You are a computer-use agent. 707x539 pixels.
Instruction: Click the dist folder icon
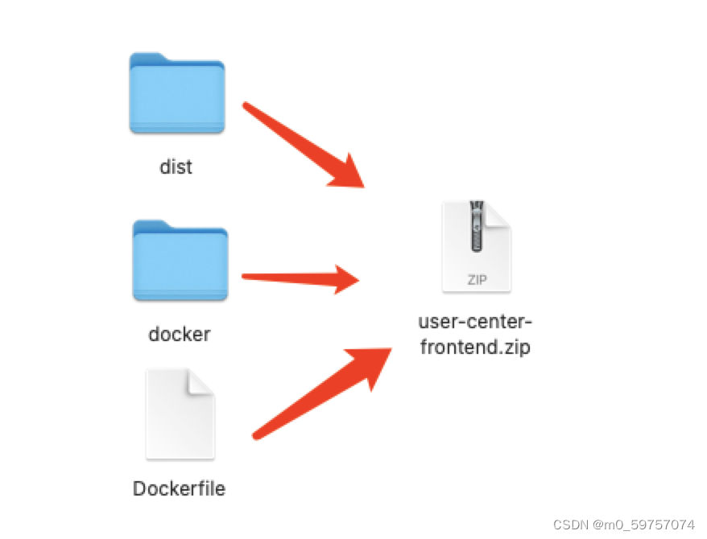(x=176, y=95)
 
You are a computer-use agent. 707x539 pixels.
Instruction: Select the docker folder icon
(x=180, y=261)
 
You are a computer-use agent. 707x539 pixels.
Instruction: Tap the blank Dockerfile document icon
(x=180, y=414)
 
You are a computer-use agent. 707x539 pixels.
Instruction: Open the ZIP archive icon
(x=476, y=246)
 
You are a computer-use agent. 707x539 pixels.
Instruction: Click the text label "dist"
(x=176, y=167)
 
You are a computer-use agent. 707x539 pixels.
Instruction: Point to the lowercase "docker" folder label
(x=180, y=333)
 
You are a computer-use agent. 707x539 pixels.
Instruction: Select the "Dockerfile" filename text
(x=179, y=488)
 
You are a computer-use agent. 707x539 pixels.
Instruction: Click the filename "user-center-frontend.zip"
(x=475, y=335)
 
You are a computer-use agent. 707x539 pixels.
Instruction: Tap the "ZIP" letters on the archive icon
(x=476, y=280)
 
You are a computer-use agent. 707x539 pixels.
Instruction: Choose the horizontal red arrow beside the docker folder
(x=298, y=278)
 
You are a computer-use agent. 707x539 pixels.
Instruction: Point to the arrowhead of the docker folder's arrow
(x=346, y=279)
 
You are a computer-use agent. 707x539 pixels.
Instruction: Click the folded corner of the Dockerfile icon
(x=201, y=383)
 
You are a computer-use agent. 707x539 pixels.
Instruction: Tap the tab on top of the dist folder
(x=148, y=59)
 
